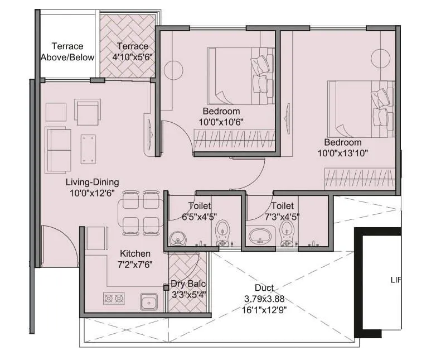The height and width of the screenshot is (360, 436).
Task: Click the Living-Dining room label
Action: pyautogui.click(x=92, y=183)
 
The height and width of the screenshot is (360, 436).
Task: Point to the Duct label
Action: pyautogui.click(x=264, y=288)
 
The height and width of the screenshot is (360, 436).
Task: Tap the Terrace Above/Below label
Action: pyautogui.click(x=67, y=52)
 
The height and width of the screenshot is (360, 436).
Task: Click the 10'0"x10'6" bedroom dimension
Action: pyautogui.click(x=221, y=122)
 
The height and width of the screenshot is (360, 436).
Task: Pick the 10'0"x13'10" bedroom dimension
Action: pyautogui.click(x=343, y=152)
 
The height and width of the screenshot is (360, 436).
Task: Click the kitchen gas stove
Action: pyautogui.click(x=114, y=299)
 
